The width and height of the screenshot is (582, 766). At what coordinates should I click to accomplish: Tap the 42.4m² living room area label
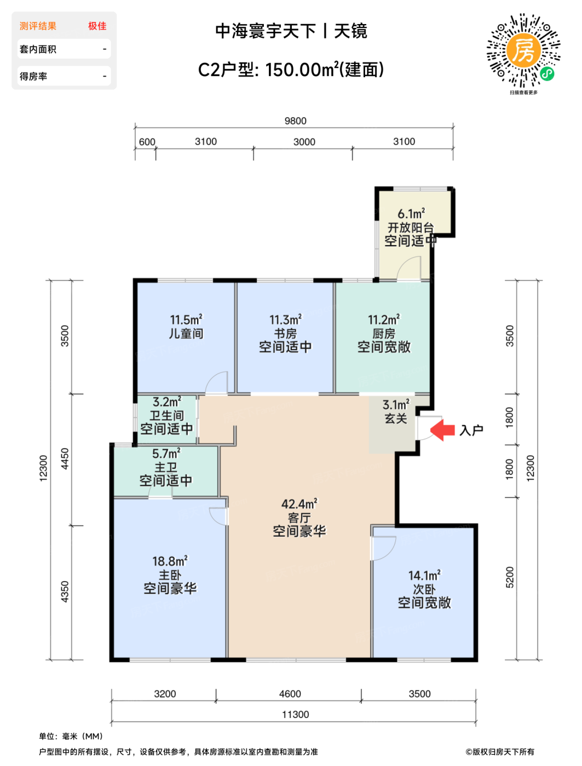pos(299,503)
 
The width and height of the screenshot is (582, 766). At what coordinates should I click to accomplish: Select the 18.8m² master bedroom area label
pos(170,561)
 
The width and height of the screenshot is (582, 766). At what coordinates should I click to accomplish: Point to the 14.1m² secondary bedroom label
pos(424,575)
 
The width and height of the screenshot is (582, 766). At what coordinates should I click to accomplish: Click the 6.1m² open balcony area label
pos(411,213)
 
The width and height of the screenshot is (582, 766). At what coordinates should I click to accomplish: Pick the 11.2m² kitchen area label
pos(384,320)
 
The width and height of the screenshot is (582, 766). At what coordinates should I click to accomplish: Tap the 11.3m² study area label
pos(285,320)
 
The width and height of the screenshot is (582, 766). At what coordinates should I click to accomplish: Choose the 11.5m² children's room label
pos(186,320)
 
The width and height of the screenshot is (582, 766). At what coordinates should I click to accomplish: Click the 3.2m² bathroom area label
pos(167,402)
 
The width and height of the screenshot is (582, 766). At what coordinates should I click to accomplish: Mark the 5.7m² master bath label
pos(166,454)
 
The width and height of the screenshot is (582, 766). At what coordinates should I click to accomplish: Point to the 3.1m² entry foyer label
pos(396,405)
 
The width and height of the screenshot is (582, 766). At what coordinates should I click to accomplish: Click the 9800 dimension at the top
pos(295,121)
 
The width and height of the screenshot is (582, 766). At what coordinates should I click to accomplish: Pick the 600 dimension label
pos(147,142)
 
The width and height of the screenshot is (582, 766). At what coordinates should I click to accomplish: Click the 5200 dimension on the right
pos(510,577)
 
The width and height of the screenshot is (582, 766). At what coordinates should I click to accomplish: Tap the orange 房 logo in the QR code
pos(523,51)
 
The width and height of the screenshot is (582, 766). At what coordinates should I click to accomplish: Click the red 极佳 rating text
pos(97,26)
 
